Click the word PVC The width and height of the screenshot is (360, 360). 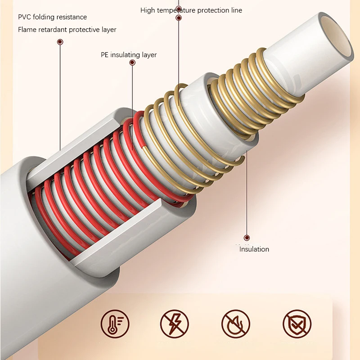pos(24,17)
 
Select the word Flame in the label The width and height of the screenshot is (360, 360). pos(27,30)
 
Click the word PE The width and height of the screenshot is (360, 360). pos(105,55)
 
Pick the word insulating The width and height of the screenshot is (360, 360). pos(125,55)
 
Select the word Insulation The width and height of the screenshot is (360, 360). pos(254,249)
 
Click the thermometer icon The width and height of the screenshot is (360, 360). pos(115,324)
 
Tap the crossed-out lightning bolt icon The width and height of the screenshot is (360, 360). pos(175,324)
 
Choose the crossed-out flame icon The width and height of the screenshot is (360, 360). pos(236,324)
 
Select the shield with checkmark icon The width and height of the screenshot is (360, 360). pos(297,324)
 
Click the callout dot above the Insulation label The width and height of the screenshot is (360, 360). pos(247,238)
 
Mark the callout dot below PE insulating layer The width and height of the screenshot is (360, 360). pos(132,63)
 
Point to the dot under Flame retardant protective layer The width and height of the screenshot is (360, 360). pos(60,42)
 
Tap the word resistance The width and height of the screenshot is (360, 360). pos(72,17)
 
